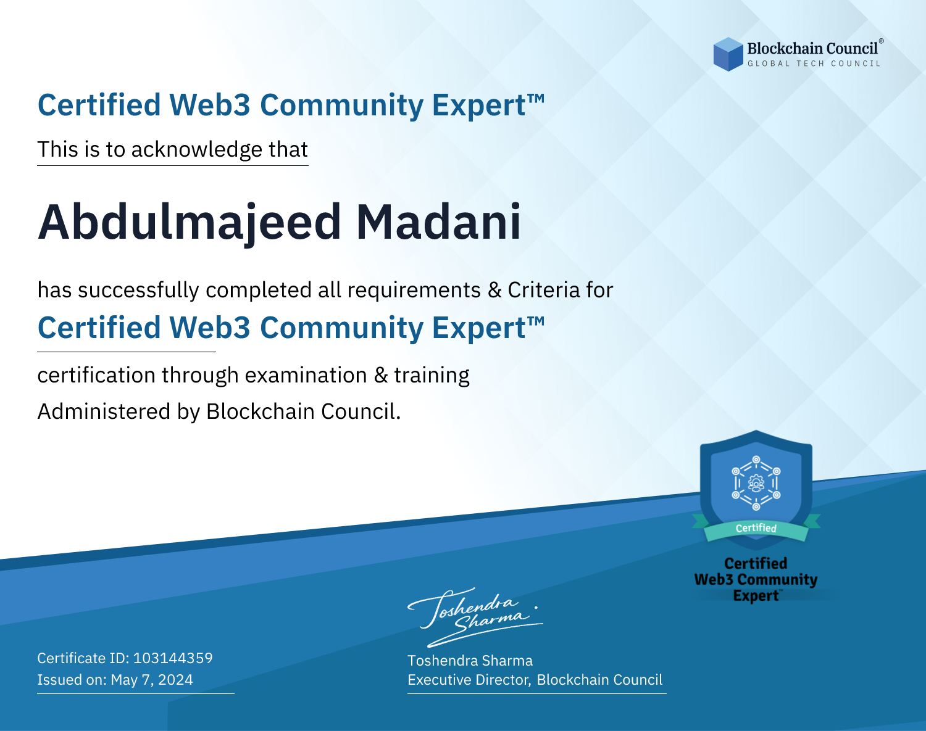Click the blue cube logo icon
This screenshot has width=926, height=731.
(x=728, y=54)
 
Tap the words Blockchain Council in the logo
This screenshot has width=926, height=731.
(x=812, y=49)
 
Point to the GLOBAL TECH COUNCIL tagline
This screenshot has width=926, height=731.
(x=814, y=64)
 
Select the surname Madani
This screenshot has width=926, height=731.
(x=438, y=221)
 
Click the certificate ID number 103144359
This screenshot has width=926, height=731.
(x=173, y=658)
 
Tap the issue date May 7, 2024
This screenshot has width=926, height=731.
(x=152, y=679)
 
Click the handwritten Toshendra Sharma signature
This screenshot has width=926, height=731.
(x=475, y=617)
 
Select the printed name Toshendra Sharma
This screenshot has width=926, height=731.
(x=470, y=661)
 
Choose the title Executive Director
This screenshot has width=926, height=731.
(x=469, y=680)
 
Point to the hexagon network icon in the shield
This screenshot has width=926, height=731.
(x=756, y=483)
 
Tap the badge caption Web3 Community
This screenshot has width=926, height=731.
(x=756, y=580)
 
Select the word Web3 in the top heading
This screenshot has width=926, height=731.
(x=209, y=105)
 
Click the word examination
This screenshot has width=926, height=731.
(x=306, y=375)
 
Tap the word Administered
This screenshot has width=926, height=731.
(x=104, y=411)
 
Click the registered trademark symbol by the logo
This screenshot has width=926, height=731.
(x=881, y=41)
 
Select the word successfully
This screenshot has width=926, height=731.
(x=138, y=291)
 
